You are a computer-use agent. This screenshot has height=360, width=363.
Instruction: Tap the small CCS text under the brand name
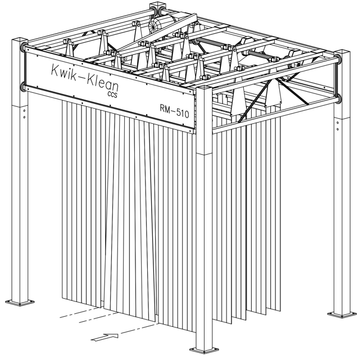pos(112,94)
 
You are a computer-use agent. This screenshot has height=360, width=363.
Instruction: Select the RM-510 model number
pos(174,111)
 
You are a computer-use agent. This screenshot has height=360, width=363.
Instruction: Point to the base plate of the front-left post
pos(20,302)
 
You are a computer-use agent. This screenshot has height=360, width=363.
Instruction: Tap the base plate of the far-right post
pos(342,314)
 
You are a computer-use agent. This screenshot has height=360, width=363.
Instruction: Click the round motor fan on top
pos(156,26)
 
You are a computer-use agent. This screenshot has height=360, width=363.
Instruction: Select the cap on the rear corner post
pos(158,6)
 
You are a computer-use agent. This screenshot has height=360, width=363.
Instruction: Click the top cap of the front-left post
pos(20,41)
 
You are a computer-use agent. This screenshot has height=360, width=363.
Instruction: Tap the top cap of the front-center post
pos(204,89)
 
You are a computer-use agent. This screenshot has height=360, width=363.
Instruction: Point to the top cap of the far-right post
pos(342,53)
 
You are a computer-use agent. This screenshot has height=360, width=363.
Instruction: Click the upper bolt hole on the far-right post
pos(338,123)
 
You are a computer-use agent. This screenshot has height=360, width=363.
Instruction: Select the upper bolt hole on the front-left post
pos(24,111)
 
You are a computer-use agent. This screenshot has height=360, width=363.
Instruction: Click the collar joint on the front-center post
pos(204,154)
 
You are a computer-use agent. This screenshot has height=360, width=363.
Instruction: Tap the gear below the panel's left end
pos(23,87)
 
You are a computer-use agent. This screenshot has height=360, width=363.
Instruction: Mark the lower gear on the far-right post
pos(338,98)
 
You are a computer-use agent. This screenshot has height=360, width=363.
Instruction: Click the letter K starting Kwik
pos(55,69)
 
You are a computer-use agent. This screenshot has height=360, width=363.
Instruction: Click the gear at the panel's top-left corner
pos(24,47)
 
